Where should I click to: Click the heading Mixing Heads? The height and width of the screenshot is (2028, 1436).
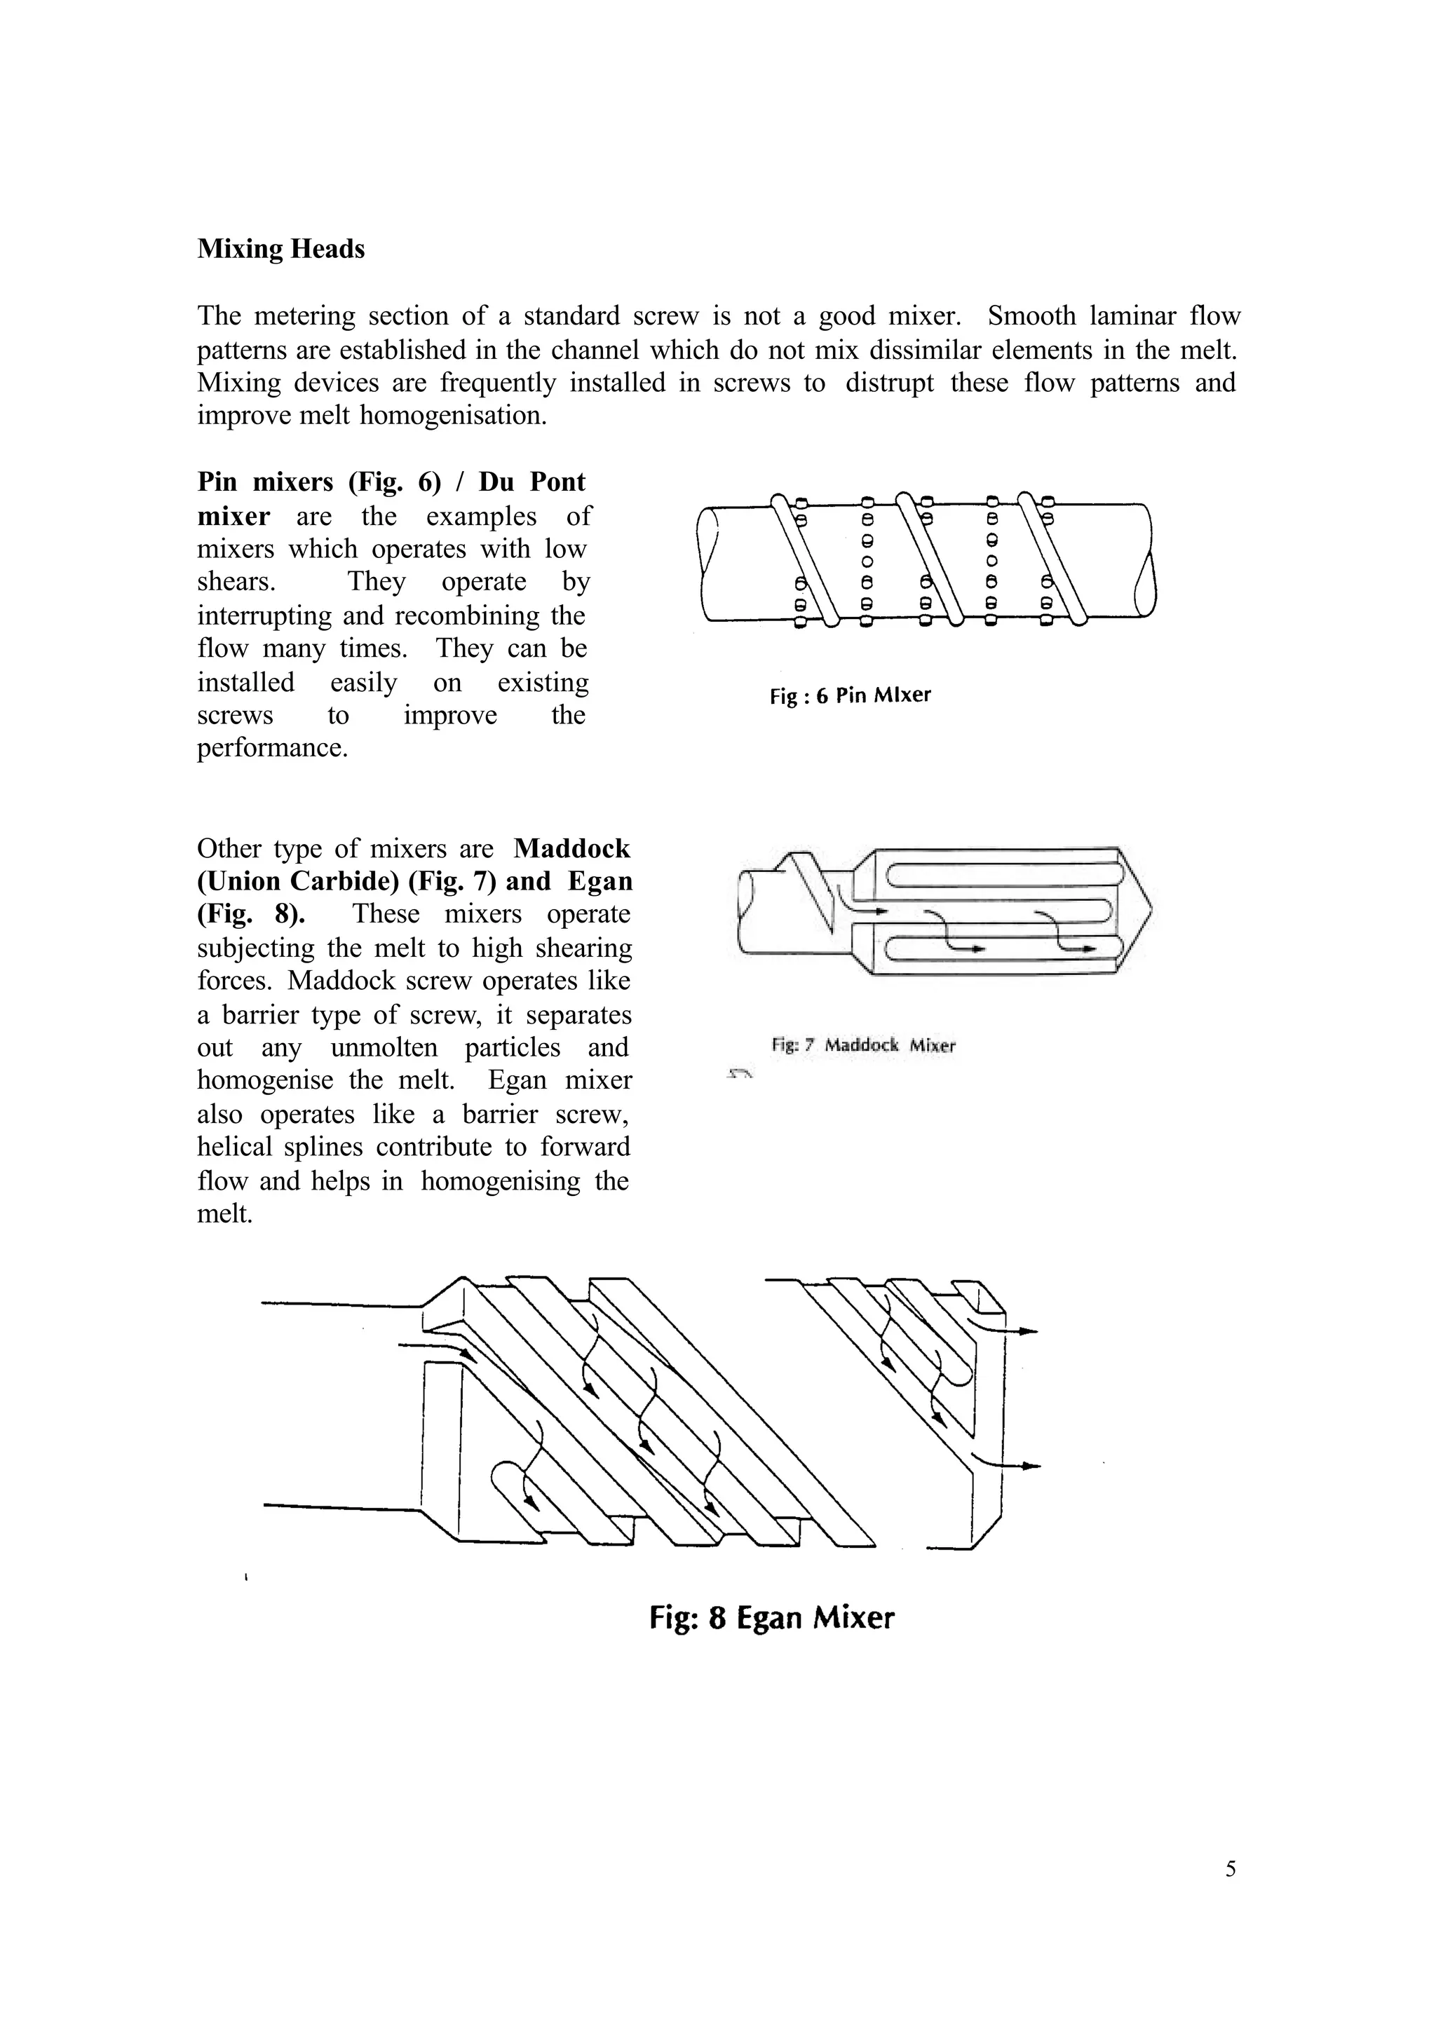(x=280, y=250)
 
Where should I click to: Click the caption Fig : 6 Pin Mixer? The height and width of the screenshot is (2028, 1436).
(x=850, y=695)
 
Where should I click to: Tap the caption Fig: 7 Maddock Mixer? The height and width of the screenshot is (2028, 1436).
(x=863, y=1046)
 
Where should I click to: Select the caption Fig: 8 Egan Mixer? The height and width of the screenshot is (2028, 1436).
(x=771, y=1618)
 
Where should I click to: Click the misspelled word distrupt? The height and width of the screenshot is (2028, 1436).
(x=888, y=383)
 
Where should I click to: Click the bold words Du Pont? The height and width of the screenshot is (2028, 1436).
(x=531, y=482)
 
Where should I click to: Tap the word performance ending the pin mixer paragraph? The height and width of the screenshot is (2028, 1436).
(x=271, y=749)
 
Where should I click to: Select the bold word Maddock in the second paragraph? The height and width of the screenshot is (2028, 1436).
(x=571, y=849)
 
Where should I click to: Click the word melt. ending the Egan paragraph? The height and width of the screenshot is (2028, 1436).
(x=224, y=1214)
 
